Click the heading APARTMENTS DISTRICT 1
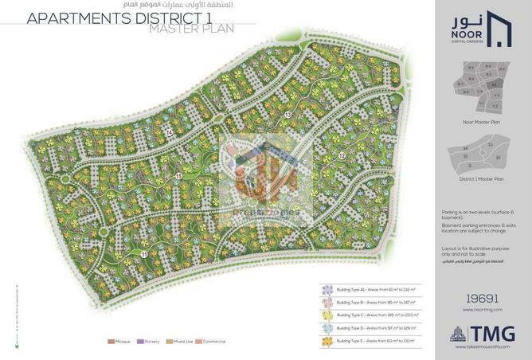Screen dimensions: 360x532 pyautogui.click(x=111, y=18)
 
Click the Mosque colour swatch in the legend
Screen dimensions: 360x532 pyautogui.click(x=111, y=342)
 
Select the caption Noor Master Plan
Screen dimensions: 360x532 pyautogui.click(x=481, y=122)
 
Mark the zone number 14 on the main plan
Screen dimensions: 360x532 pyautogui.click(x=169, y=131)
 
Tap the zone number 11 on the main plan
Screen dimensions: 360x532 pyautogui.click(x=143, y=253)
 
